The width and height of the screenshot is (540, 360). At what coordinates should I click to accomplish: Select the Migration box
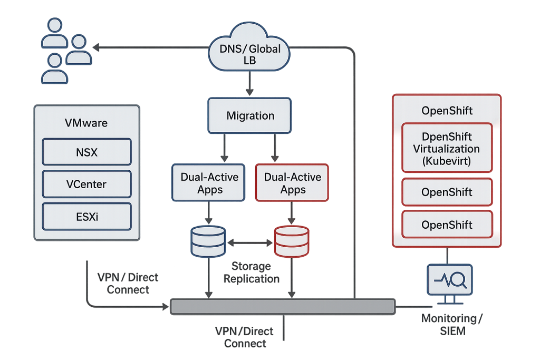click(x=250, y=115)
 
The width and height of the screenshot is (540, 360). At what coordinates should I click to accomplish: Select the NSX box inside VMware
click(x=86, y=153)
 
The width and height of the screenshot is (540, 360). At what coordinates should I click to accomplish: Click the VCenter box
click(x=86, y=184)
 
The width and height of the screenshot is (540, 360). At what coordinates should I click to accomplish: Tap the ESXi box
click(x=86, y=217)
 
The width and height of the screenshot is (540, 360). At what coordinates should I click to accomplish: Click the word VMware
click(x=86, y=123)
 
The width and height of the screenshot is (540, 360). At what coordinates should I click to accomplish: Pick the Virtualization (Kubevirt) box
click(x=447, y=149)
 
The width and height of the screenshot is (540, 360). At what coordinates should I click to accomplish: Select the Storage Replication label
click(x=250, y=273)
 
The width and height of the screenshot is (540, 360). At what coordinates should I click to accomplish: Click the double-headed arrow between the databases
click(x=250, y=243)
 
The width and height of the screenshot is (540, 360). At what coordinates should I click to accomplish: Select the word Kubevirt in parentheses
click(x=447, y=161)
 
